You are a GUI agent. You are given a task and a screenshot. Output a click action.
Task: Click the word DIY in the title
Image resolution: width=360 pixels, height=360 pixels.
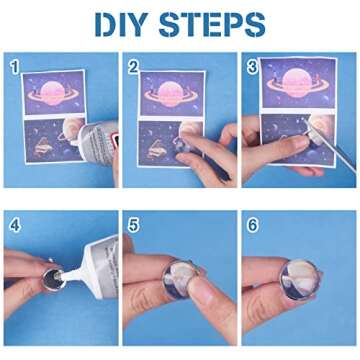(x=121, y=25)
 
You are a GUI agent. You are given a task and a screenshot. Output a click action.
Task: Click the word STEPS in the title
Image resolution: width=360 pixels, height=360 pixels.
(x=212, y=25)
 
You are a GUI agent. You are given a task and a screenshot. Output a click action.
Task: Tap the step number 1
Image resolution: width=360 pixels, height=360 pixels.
(x=15, y=67)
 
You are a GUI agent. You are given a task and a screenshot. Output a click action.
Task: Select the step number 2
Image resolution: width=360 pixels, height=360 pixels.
(x=133, y=67)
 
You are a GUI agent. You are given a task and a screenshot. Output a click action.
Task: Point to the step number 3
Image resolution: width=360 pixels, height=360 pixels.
(x=252, y=67)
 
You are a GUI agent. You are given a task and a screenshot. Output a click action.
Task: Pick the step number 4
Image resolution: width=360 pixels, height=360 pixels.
(x=15, y=225)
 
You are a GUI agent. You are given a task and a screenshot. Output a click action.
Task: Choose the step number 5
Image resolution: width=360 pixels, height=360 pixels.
(x=133, y=225)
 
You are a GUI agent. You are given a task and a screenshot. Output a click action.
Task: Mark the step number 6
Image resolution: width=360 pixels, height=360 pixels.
(x=252, y=225)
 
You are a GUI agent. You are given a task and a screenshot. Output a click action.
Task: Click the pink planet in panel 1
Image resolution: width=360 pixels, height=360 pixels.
(x=53, y=92)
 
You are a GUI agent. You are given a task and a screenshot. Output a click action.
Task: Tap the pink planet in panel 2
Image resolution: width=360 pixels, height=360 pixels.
(x=171, y=94)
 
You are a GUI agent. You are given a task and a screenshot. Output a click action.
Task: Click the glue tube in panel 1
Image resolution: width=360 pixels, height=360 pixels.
(x=96, y=144)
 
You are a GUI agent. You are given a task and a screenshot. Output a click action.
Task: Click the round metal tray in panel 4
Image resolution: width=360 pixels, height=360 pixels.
(x=53, y=278)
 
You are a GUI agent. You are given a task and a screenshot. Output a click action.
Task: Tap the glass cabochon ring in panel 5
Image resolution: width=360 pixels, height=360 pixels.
(x=180, y=278)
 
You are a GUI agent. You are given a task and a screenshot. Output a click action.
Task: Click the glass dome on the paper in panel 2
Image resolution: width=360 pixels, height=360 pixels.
(x=185, y=145)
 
